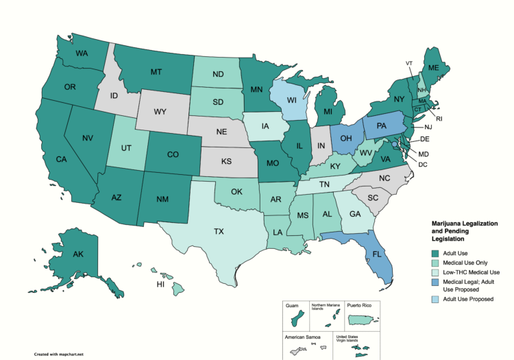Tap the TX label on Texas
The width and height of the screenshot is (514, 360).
pos(219,232)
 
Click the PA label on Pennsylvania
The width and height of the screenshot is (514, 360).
pos(382,127)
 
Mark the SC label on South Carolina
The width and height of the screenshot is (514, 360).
pos(374,197)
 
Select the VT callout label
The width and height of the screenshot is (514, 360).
pos(409,63)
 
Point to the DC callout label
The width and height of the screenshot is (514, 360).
pos(423,165)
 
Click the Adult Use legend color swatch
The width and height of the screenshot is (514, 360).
pos(435,254)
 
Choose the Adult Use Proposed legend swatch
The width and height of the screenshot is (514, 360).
pos(435,299)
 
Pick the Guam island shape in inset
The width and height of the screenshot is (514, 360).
pos(297,320)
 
